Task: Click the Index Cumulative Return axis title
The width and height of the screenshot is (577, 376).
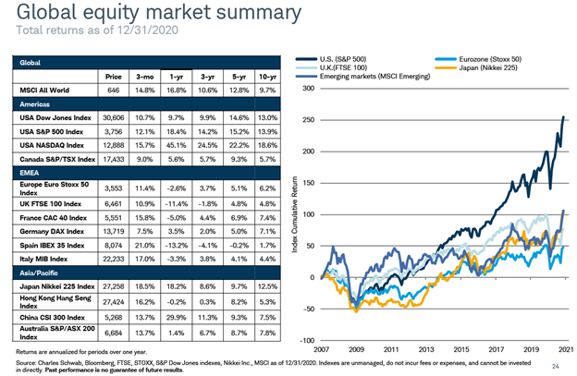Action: [x=295, y=214]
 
